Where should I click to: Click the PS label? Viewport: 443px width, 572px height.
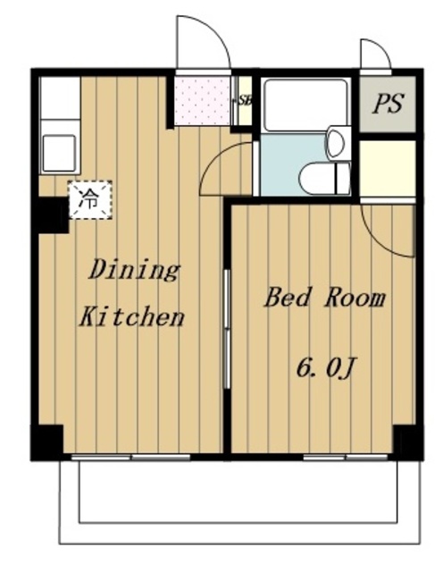tap(388, 104)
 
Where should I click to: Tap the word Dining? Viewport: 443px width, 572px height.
tap(135, 270)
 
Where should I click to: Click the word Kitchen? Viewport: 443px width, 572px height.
tap(131, 316)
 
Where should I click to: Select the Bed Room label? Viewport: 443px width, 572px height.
tap(324, 298)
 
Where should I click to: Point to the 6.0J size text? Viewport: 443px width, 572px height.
tap(326, 368)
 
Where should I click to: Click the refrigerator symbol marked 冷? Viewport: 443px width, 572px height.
tap(90, 199)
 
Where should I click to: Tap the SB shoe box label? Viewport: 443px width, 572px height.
tap(245, 100)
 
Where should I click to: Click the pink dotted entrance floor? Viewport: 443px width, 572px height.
tap(203, 101)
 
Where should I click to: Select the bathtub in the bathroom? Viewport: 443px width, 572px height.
tap(305, 105)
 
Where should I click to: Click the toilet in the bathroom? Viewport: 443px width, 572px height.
tap(324, 179)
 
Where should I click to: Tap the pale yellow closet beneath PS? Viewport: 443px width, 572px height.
tap(388, 169)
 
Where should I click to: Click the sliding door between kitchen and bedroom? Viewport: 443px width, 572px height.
tap(227, 329)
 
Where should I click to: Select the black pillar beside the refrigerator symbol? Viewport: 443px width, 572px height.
tap(54, 214)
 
